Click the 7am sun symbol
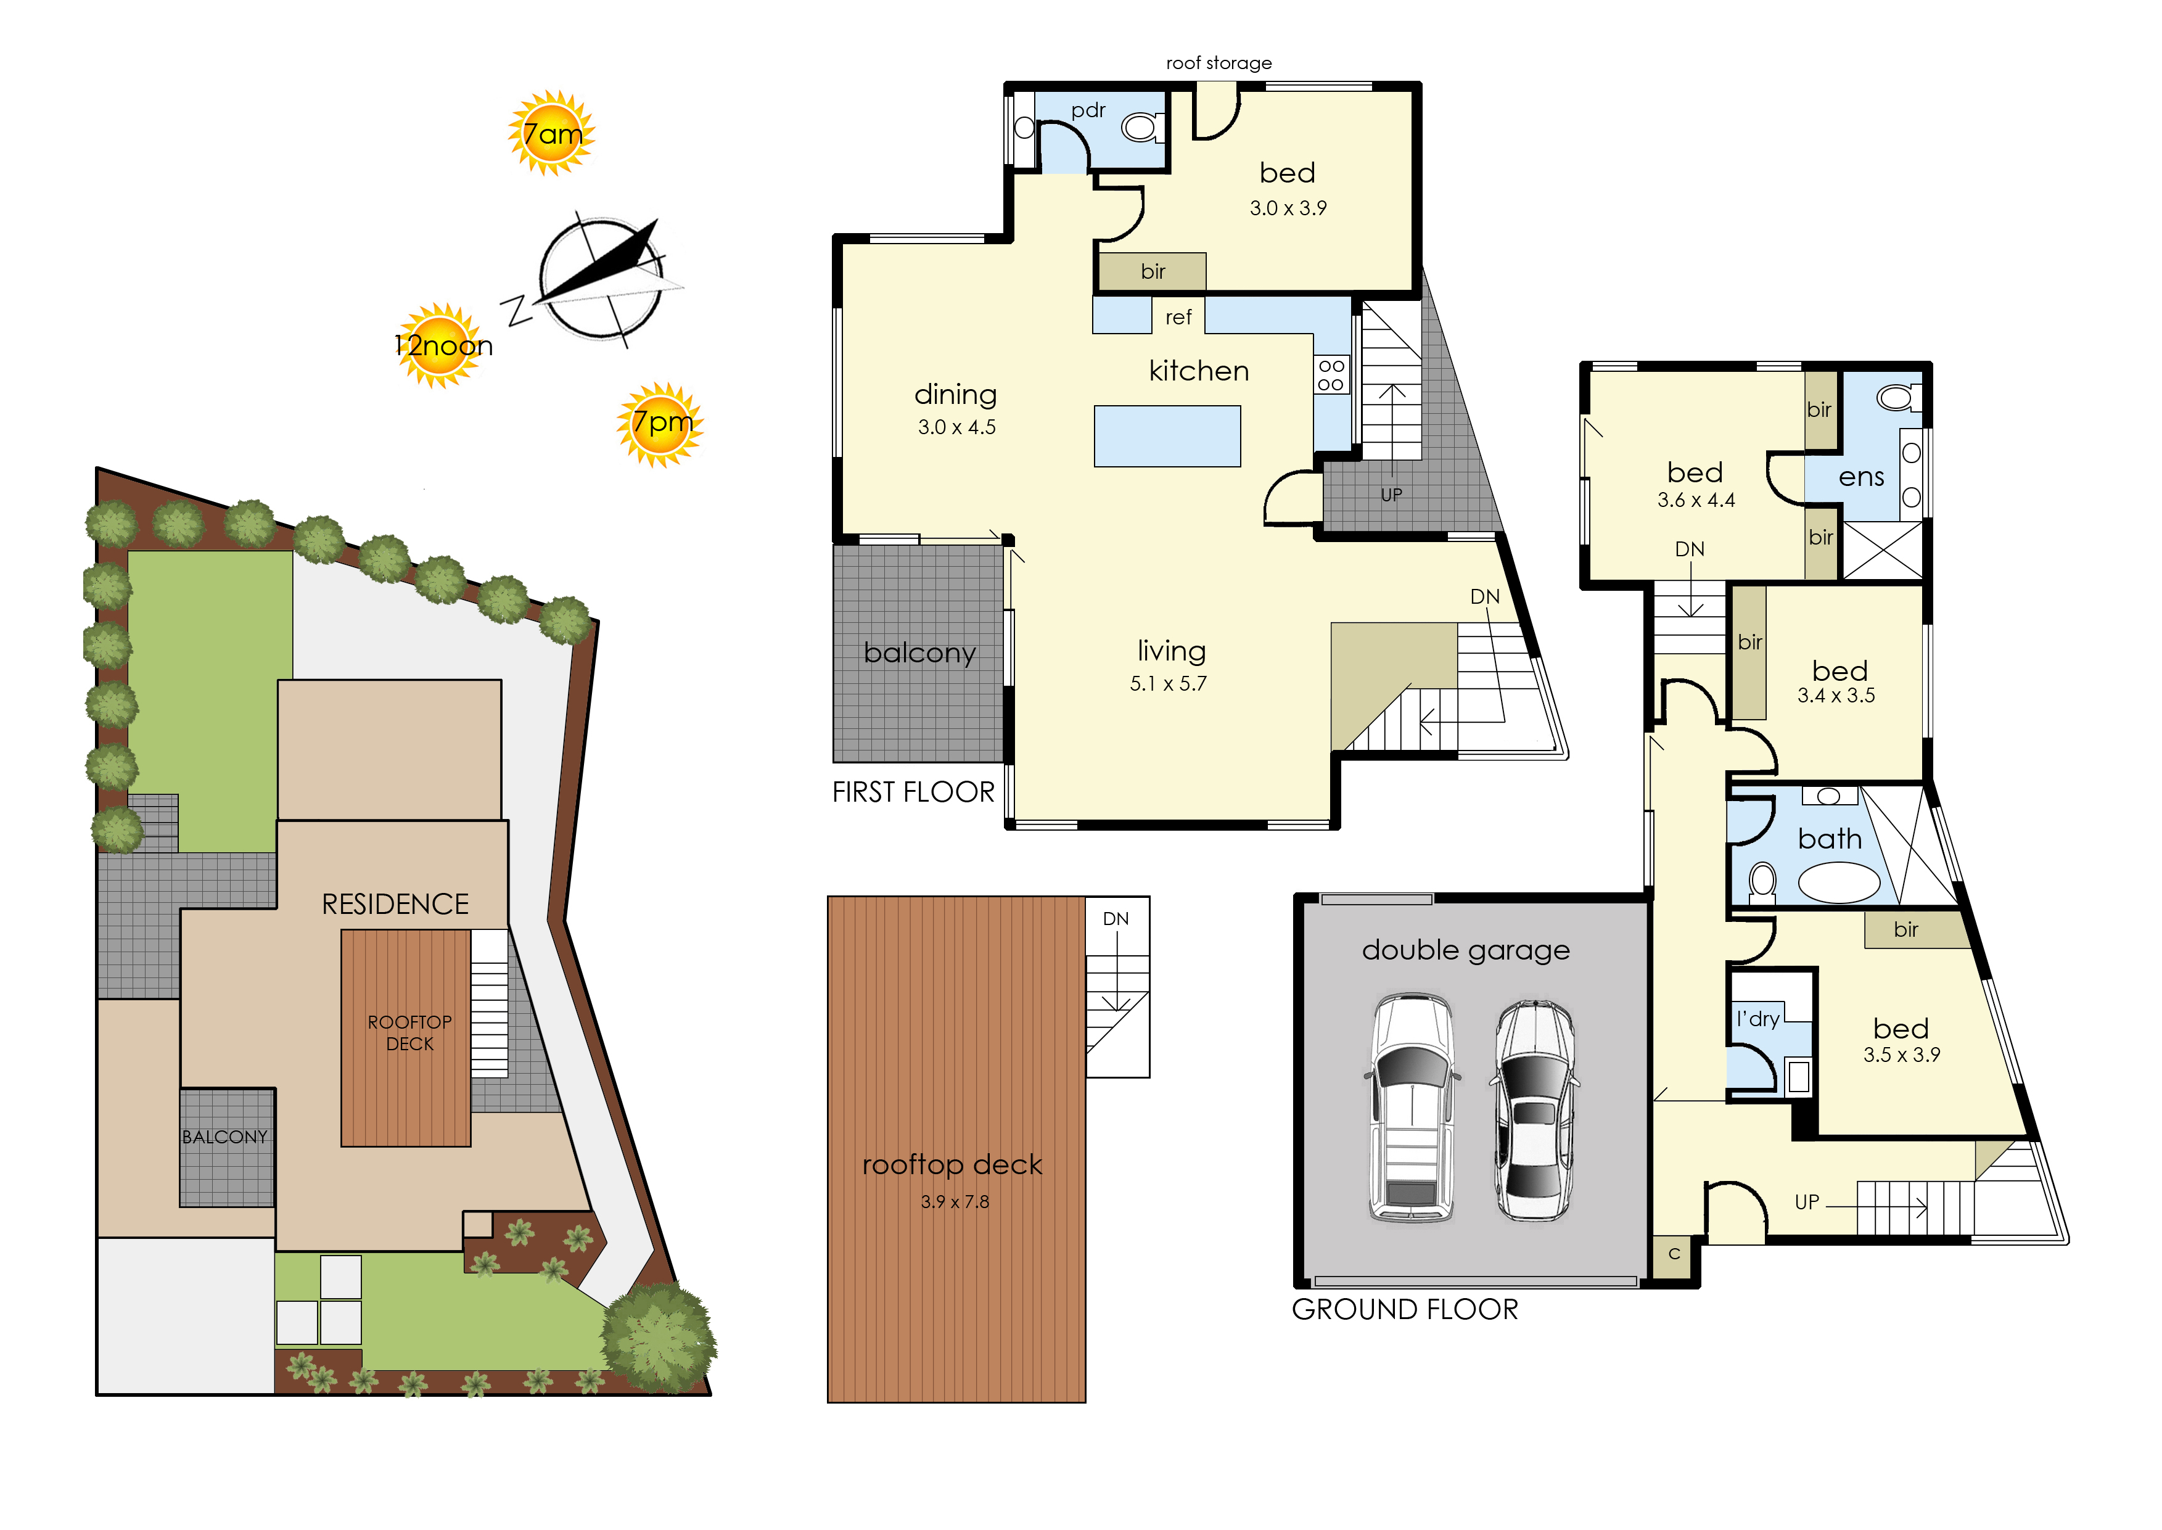tap(552, 133)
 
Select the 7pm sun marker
tap(660, 425)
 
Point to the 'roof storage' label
tap(1219, 63)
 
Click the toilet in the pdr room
tap(1143, 126)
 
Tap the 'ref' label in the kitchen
tap(1178, 318)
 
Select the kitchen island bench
tap(1167, 436)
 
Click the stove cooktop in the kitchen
tap(1331, 374)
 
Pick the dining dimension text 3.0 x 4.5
tap(957, 427)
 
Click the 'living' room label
tap(1171, 651)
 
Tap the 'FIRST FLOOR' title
tap(913, 792)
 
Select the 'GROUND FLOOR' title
tap(1405, 1310)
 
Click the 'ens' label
tap(1862, 478)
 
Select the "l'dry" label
tap(1758, 1018)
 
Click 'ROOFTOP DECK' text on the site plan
tap(410, 1032)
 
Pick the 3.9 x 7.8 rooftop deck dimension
tap(955, 1202)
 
